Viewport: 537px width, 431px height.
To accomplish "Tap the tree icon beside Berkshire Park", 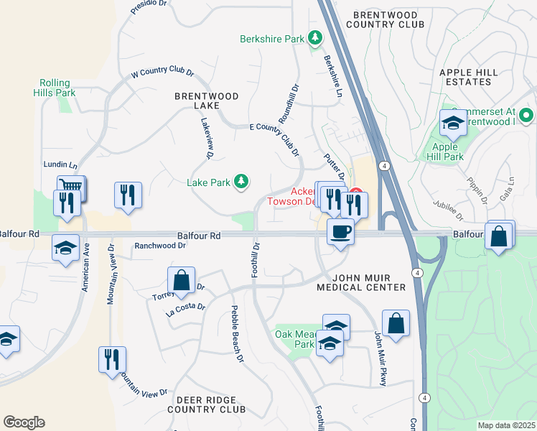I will (x=314, y=37).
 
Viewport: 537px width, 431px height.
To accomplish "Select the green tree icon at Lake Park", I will (x=243, y=182).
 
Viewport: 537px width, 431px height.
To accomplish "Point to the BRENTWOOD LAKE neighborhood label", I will (x=196, y=100).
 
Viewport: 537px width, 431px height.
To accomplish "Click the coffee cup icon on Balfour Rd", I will (x=340, y=232).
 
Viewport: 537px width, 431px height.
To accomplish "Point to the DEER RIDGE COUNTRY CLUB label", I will (x=207, y=404).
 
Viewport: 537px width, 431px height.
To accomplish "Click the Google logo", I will (x=24, y=422).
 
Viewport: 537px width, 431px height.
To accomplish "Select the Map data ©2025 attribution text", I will (x=505, y=425).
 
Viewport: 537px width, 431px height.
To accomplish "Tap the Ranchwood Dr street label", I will (x=160, y=246).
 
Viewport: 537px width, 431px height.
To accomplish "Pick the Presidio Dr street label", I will (x=149, y=8).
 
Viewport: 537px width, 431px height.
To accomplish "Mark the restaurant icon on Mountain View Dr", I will (x=112, y=358).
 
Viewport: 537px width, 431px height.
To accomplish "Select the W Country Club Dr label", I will (x=163, y=73).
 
